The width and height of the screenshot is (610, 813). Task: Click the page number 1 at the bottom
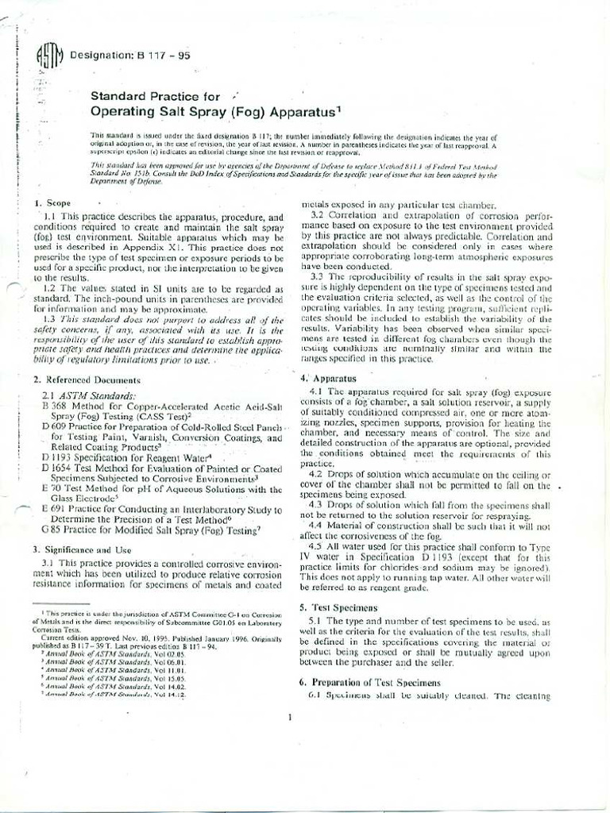click(x=291, y=719)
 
